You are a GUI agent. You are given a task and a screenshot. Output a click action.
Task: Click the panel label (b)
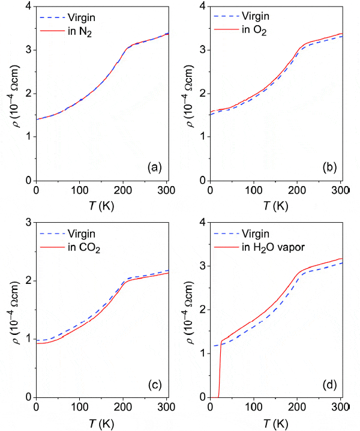[328, 167]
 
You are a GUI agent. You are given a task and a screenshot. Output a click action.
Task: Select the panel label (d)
[328, 384]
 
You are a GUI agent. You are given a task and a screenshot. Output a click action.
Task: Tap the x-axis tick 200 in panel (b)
[297, 190]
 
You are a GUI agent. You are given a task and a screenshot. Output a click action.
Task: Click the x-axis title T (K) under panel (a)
[103, 203]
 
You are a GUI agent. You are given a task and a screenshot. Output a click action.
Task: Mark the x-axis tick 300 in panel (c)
[167, 407]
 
